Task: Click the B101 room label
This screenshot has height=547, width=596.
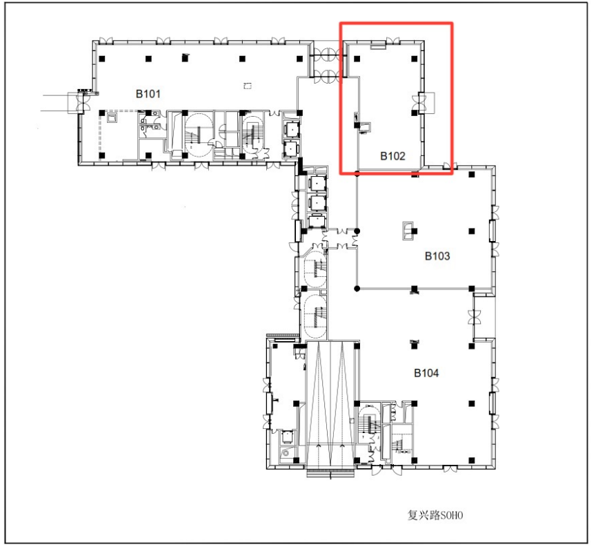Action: tap(148, 94)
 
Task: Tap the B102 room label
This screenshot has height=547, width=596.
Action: tap(393, 156)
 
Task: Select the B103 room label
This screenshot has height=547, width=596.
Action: tap(437, 256)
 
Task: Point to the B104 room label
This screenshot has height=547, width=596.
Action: tap(426, 373)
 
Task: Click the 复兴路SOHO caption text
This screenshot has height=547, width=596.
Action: tap(435, 515)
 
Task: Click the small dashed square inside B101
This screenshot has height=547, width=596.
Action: tap(248, 86)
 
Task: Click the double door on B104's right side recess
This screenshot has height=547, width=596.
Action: tap(474, 317)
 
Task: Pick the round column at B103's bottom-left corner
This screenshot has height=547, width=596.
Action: tap(357, 289)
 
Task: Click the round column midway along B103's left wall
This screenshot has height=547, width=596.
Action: tap(357, 231)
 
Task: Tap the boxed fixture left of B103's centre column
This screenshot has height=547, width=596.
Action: tap(408, 231)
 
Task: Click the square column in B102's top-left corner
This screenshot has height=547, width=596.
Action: tap(357, 59)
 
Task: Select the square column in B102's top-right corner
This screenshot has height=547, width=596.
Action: tap(415, 59)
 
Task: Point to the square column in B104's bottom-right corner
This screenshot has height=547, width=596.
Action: tap(472, 461)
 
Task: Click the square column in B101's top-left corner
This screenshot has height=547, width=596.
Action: tap(102, 59)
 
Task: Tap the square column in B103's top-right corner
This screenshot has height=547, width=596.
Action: tap(472, 175)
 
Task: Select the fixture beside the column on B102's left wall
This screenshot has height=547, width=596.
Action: tap(365, 128)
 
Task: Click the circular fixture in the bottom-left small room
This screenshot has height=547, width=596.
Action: tap(285, 453)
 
